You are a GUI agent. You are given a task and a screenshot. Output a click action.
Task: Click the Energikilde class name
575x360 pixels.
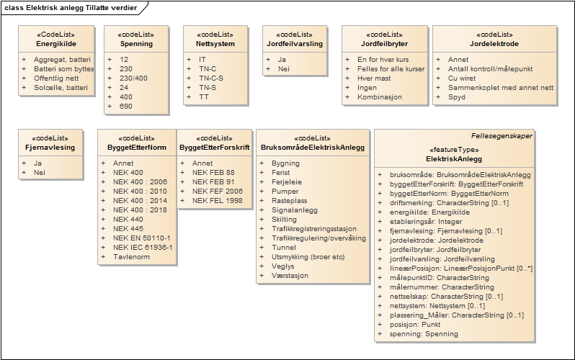click(56, 44)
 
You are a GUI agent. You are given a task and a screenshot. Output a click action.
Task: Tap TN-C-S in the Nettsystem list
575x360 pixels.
click(211, 78)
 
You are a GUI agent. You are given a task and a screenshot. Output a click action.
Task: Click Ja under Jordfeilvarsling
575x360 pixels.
click(282, 59)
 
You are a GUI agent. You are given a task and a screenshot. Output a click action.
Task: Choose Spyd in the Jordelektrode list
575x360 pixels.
click(456, 97)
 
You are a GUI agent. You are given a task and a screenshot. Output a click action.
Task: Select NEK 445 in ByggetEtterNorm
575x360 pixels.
click(128, 228)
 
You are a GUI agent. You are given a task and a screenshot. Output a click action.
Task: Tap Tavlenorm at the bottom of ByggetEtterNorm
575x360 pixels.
click(131, 256)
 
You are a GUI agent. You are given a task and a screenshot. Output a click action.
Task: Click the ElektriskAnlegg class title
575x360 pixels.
click(454, 158)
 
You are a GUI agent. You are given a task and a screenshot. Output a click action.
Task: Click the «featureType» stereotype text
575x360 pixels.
click(454, 149)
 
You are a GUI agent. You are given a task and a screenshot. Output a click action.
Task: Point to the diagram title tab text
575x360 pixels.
click(70, 7)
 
